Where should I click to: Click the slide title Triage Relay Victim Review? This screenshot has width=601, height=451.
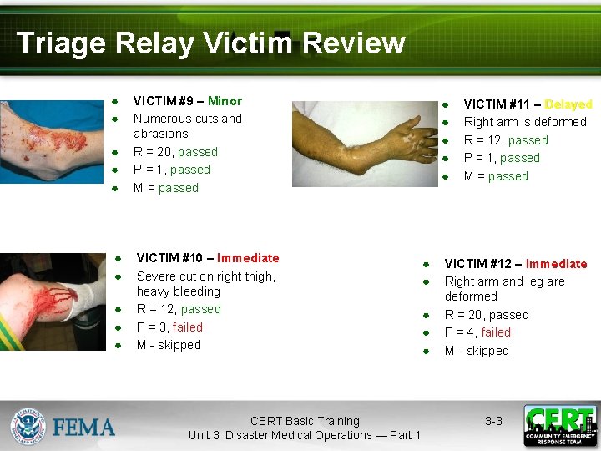tap(210, 43)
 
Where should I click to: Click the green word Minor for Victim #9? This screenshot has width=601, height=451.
tap(225, 101)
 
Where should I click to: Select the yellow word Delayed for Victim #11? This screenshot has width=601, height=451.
tap(568, 104)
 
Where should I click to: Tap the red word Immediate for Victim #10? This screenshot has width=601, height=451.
tap(248, 258)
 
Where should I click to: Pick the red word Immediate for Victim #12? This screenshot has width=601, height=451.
tap(556, 264)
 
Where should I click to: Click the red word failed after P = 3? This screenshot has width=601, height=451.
tap(187, 327)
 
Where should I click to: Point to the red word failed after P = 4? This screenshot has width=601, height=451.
tap(495, 332)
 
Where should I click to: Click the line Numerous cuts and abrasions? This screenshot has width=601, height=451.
tap(187, 126)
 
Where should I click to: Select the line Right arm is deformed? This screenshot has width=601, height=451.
tap(524, 122)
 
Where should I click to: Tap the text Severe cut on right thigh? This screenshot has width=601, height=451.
tap(205, 276)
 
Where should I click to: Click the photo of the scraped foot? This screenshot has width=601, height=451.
tap(52, 140)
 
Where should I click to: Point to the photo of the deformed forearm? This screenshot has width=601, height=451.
tap(364, 143)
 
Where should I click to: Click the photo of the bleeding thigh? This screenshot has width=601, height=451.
tap(52, 302)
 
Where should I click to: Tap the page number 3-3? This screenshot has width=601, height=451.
tap(493, 421)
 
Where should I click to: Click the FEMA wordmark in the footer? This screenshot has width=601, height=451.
tap(84, 428)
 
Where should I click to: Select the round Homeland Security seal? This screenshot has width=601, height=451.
tap(28, 425)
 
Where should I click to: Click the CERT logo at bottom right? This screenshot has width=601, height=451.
tap(560, 425)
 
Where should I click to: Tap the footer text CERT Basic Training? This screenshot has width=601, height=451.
tap(305, 421)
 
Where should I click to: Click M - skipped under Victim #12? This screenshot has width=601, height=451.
tap(476, 351)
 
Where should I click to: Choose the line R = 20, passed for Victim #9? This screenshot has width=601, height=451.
tap(175, 152)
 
